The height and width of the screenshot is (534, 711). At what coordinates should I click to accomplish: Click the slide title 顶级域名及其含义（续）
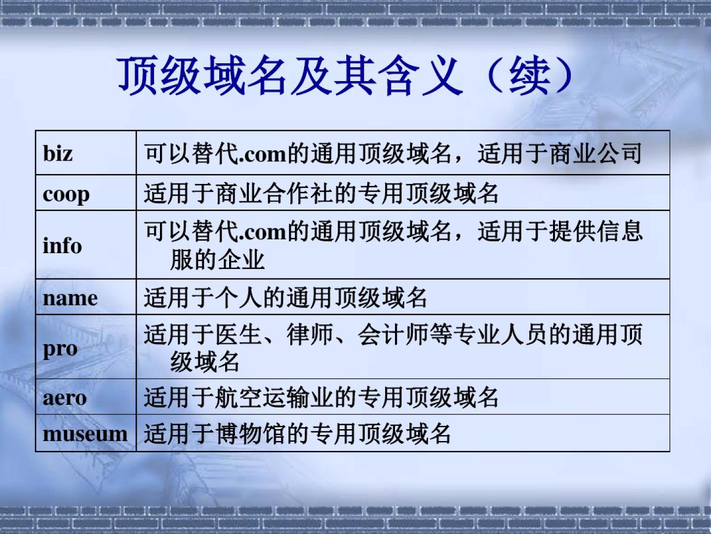coord(346,76)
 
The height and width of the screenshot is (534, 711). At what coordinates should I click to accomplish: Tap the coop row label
coord(66,194)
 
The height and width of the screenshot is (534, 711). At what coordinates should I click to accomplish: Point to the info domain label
coord(62,245)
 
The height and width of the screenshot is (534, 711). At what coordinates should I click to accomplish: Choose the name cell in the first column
coord(70,298)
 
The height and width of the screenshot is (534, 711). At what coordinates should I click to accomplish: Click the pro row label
coord(60,350)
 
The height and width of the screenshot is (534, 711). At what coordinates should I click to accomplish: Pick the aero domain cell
coord(65,398)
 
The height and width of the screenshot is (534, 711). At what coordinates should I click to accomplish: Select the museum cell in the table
coord(85,434)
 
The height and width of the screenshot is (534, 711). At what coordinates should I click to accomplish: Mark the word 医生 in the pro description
coord(238,334)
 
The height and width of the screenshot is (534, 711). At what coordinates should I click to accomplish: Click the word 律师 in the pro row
coord(310,334)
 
